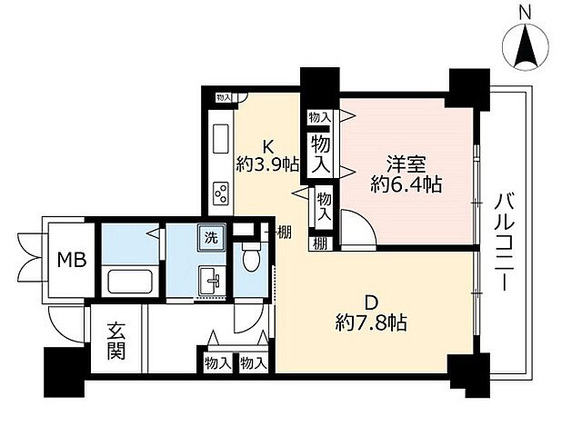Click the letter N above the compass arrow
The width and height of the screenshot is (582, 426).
[525, 13]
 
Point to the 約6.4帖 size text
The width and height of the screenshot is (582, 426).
[406, 185]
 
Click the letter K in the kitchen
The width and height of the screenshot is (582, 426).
[268, 145]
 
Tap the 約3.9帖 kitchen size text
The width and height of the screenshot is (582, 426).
[267, 164]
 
